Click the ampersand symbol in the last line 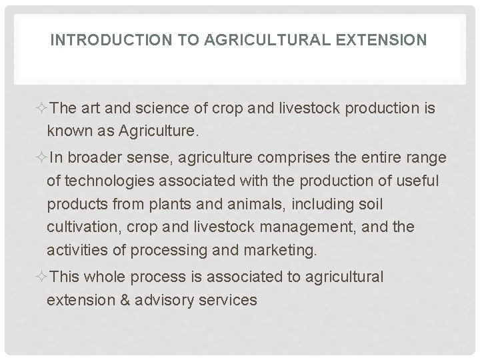123,300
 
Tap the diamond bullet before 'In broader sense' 42,158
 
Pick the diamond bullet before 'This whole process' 42,277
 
